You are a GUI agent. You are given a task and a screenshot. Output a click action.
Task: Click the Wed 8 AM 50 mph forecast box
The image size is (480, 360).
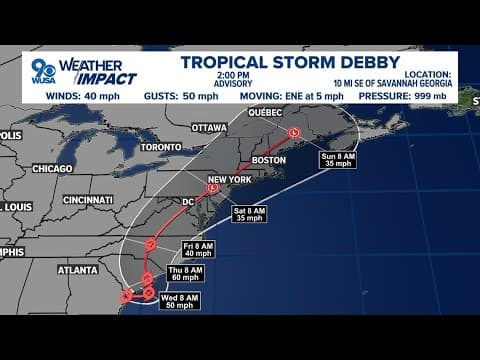pos(182,300)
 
